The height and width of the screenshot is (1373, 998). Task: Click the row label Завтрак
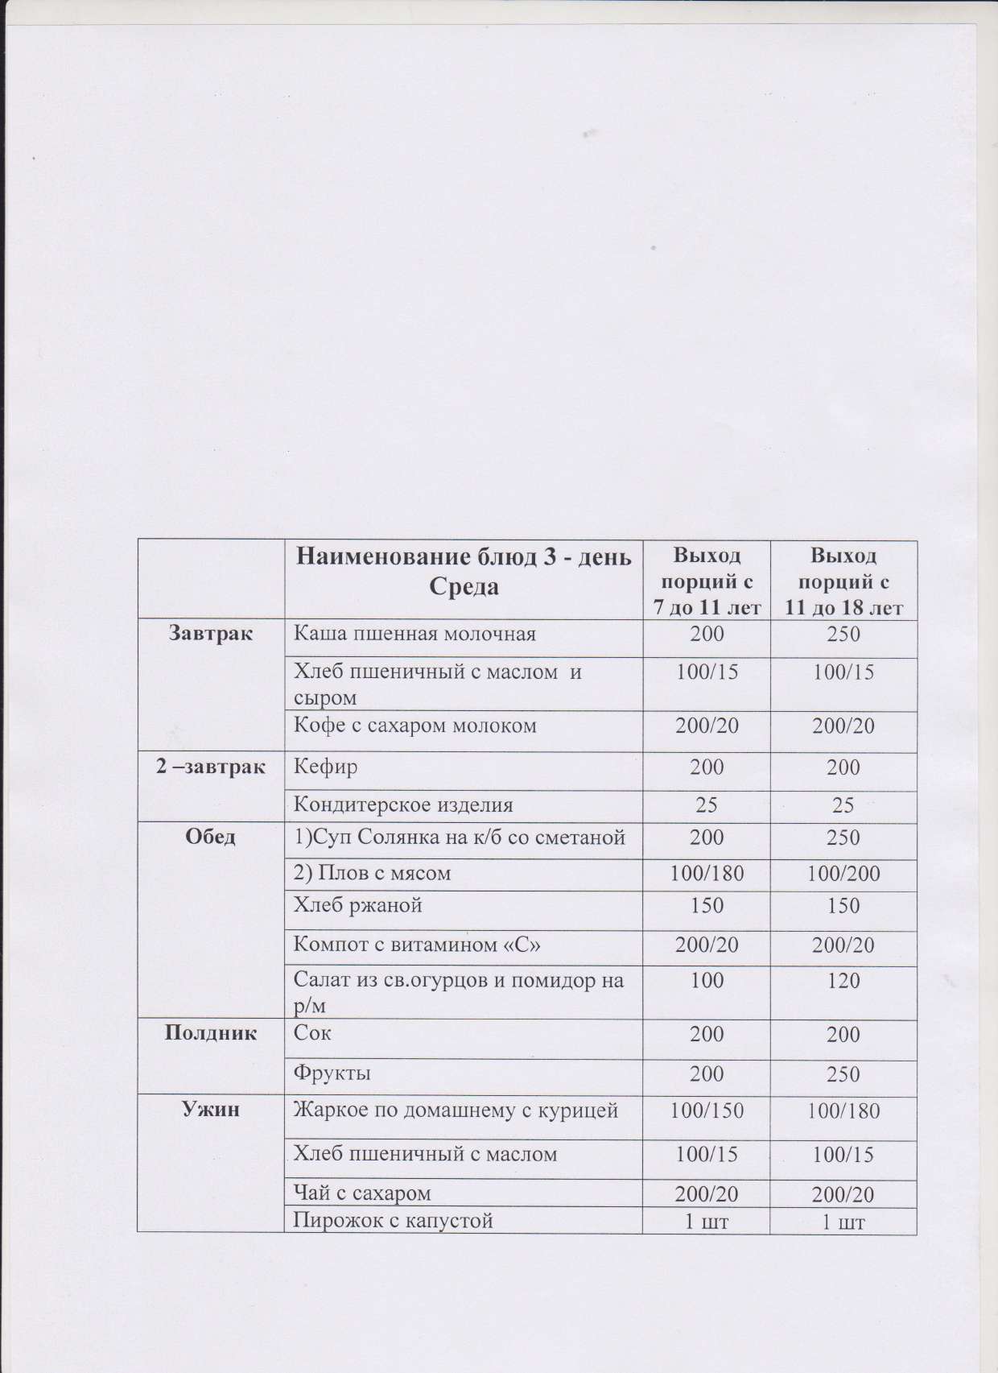[211, 634]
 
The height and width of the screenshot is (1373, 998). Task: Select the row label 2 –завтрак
[211, 767]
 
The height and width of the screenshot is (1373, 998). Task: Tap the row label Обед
[211, 837]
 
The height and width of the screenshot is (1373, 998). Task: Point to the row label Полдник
[211, 1033]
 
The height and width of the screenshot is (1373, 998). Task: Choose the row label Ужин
[211, 1111]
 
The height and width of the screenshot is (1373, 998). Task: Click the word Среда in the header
[464, 586]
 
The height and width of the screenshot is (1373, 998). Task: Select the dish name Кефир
[325, 767]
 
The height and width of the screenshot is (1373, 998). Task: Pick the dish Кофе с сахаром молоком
[414, 726]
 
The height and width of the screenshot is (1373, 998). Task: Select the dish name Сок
[312, 1033]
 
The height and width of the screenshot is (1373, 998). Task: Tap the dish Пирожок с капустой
[393, 1222]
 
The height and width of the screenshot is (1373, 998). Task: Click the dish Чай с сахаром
[362, 1193]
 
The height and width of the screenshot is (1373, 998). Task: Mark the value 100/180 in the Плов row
[707, 874]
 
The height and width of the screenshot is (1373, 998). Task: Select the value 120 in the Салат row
[843, 981]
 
